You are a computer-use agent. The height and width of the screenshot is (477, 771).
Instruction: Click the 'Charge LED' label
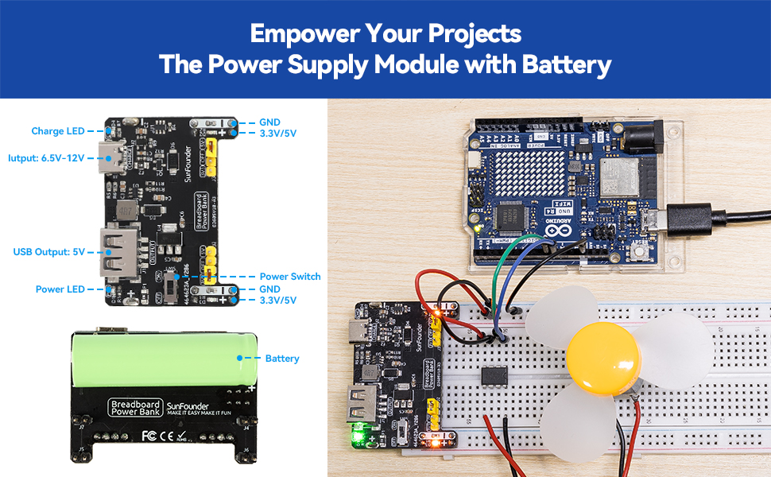click(57, 131)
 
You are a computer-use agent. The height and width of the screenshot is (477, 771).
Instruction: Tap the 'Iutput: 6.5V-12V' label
click(45, 157)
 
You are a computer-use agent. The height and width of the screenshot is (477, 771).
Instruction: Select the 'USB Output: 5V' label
click(48, 251)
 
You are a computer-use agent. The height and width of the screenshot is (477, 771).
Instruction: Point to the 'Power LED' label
click(60, 289)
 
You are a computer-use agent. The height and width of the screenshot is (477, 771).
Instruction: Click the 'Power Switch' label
click(290, 277)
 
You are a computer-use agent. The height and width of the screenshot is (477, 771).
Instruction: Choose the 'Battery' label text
click(282, 359)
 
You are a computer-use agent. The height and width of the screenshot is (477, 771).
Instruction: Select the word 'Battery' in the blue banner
click(566, 64)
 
